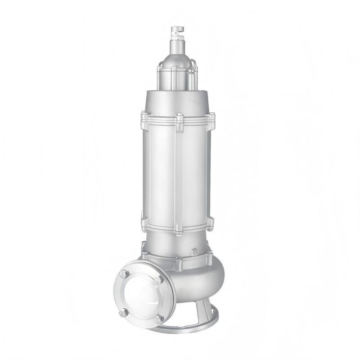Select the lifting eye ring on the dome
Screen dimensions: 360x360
point(193,66)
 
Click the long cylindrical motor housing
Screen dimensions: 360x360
point(176,171)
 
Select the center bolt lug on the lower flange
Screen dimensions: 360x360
point(179,228)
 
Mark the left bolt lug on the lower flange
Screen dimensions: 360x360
point(145,223)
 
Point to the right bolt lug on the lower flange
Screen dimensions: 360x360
point(209,221)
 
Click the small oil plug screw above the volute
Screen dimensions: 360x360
point(195,252)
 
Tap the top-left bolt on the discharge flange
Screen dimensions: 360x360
point(125,273)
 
